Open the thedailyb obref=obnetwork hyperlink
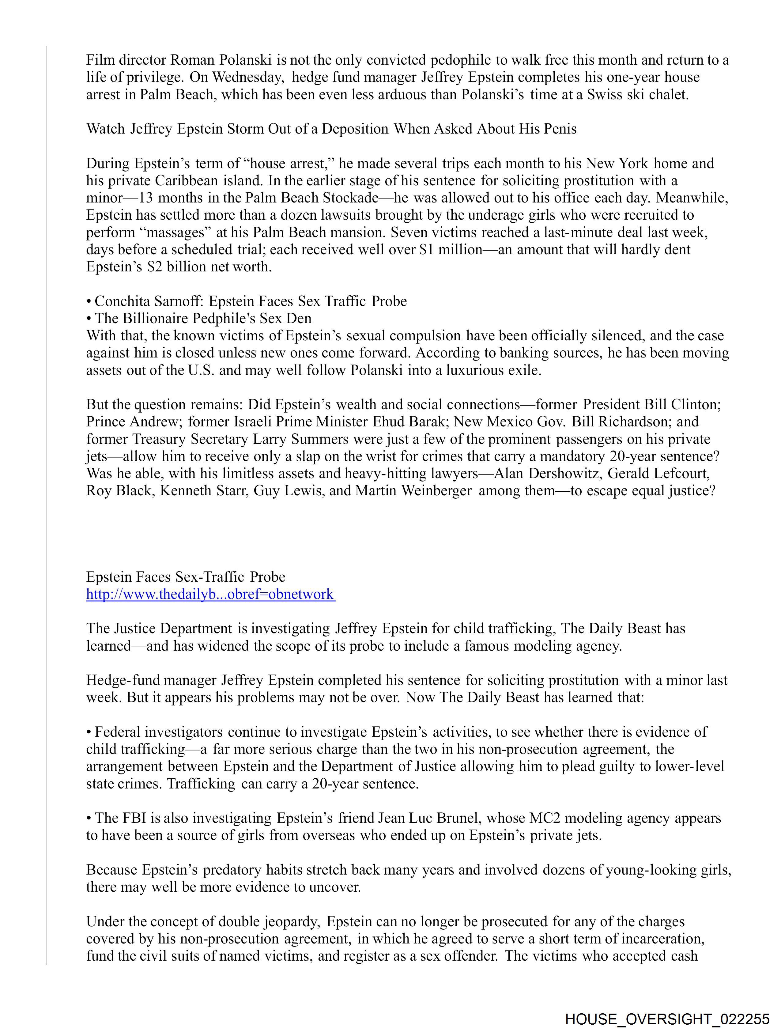(210, 594)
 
